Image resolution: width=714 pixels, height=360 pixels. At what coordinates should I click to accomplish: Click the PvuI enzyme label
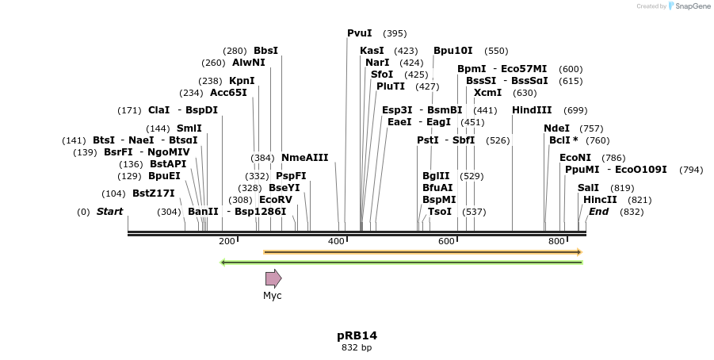click(359, 33)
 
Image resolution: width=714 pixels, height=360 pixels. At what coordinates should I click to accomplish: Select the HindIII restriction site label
click(532, 110)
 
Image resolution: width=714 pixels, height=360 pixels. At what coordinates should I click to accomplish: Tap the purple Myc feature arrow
click(273, 278)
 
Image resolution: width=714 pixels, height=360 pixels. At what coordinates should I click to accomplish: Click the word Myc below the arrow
click(273, 296)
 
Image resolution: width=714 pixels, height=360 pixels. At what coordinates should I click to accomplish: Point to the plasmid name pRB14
click(357, 335)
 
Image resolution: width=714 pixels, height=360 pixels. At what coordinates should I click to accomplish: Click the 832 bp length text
click(357, 347)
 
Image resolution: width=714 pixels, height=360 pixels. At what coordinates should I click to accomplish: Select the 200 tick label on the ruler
click(227, 241)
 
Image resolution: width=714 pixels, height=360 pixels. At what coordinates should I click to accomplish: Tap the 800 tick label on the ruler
click(556, 241)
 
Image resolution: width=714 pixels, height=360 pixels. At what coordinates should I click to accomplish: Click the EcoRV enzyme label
click(276, 200)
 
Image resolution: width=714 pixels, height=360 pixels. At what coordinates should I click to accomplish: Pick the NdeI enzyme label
click(556, 128)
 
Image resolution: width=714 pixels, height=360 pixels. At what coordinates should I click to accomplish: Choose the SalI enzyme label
click(588, 188)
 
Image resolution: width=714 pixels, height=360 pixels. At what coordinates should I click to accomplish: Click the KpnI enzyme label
click(242, 81)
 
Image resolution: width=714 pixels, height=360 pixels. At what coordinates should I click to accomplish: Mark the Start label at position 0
click(109, 212)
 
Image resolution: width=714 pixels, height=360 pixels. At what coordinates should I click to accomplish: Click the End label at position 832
click(598, 212)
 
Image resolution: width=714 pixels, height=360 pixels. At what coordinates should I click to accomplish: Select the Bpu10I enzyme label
click(452, 51)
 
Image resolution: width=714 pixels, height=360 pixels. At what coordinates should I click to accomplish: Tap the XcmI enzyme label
click(487, 93)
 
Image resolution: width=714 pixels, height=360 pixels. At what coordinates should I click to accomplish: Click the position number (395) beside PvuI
click(395, 33)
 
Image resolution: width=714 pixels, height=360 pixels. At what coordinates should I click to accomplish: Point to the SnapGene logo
click(689, 6)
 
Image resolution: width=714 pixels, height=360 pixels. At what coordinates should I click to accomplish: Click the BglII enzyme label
click(436, 176)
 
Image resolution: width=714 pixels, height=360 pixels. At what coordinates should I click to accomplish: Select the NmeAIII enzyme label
click(304, 158)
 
